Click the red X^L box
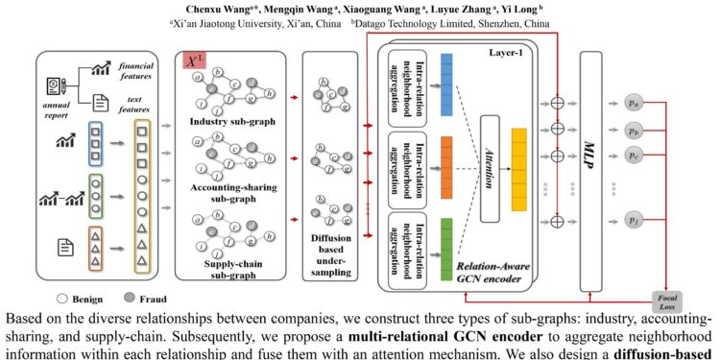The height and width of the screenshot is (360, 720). pyautogui.click(x=196, y=60)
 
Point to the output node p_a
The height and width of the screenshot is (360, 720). pyautogui.click(x=633, y=101)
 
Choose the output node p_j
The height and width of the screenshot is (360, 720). pyautogui.click(x=633, y=222)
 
